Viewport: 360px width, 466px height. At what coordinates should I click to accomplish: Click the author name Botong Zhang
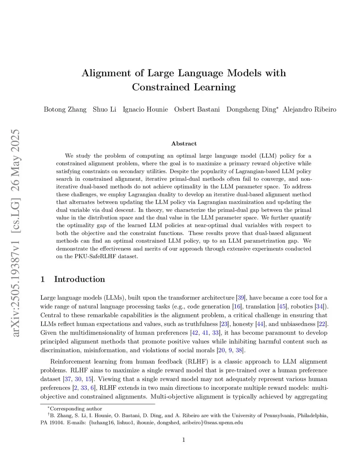point(65,109)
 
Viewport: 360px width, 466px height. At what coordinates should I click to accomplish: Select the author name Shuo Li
point(104,109)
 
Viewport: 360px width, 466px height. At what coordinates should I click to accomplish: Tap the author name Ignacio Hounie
point(145,109)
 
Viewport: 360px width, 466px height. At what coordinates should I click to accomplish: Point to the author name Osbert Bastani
point(197,109)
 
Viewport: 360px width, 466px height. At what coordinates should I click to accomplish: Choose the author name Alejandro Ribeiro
point(309,109)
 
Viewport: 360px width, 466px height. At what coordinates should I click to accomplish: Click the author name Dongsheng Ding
point(251,109)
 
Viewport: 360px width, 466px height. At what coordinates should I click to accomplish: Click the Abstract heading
point(184,143)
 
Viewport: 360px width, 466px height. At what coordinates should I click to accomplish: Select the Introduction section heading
point(79,279)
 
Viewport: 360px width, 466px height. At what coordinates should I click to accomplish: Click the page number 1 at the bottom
point(184,440)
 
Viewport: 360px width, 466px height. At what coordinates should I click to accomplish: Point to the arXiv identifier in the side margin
point(16,232)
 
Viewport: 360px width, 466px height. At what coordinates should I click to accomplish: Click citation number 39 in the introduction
point(241,298)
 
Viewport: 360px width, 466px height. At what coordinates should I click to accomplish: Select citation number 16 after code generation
point(237,307)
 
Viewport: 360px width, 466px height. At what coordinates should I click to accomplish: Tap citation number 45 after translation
point(282,307)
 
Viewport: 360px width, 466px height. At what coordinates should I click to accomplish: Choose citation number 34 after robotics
point(320,307)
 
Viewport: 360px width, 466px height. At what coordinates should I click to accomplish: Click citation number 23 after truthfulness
point(224,324)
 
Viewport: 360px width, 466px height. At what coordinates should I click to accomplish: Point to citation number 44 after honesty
point(260,324)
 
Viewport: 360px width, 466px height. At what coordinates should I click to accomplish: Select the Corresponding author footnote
point(76,409)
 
